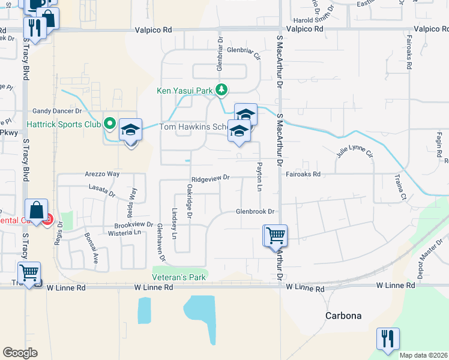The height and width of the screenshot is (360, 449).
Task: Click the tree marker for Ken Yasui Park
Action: pos(221,90)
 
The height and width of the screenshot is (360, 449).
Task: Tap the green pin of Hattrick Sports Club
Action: pos(109,125)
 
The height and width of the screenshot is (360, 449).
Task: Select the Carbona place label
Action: pos(343,315)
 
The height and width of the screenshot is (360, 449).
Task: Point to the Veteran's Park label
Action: pos(178,277)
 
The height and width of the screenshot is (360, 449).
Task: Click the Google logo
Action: pos(20,353)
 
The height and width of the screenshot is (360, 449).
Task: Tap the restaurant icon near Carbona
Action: pos(388,338)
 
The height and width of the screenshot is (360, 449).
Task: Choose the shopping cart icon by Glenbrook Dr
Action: pos(276,235)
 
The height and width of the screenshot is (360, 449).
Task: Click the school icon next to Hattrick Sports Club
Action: pos(130,130)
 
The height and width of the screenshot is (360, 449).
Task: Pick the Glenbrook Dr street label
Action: pos(255,211)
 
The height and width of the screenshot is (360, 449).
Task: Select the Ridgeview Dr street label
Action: pos(211,178)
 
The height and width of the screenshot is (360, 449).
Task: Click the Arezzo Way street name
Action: pos(102,174)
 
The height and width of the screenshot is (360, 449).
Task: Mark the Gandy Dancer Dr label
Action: pos(57,111)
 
